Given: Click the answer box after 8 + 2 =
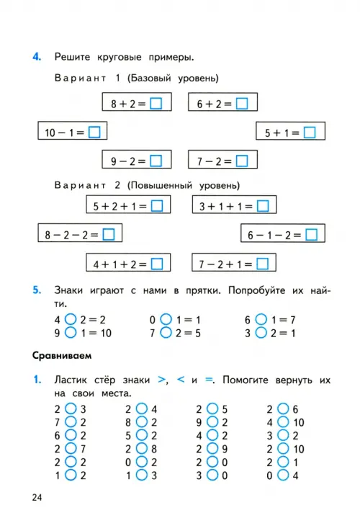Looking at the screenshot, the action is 156,104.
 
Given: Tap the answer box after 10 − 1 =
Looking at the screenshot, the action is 94,132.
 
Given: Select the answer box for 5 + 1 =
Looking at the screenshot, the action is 310,133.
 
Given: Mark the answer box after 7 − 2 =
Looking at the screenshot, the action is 242,161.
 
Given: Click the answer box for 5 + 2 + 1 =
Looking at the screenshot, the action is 157,206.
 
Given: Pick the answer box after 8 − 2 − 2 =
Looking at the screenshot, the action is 109,235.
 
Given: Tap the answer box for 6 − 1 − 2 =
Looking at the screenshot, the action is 312,235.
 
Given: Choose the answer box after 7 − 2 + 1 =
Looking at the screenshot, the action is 263,264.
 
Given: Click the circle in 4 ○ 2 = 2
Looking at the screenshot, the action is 71,319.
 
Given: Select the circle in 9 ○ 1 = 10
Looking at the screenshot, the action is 71,332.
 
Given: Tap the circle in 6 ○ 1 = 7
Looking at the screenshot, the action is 261,319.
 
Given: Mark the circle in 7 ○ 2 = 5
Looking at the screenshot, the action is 166,332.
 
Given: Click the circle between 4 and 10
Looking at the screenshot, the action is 283,422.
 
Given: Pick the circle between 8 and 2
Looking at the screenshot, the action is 142,422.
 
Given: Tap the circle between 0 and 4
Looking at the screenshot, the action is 283,475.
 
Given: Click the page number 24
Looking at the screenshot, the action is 37,498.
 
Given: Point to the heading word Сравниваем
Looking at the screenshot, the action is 62,355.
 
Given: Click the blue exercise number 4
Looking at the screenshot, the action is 37,56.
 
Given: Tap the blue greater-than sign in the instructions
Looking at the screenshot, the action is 161,380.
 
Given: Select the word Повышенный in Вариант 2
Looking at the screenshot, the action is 162,185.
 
